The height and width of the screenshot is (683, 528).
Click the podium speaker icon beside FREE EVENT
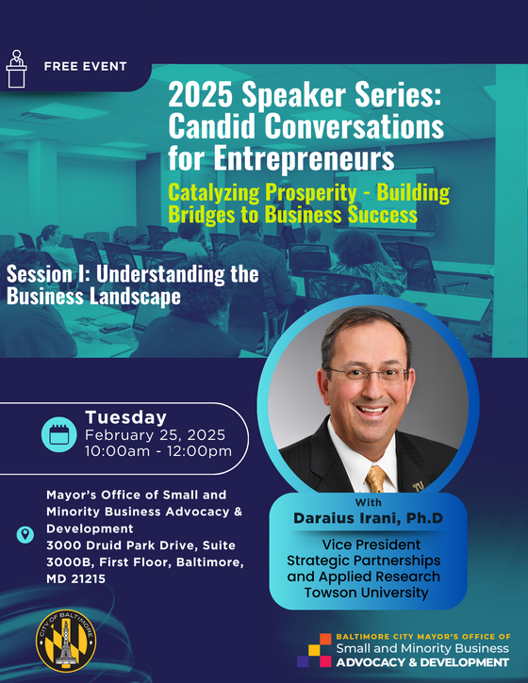coord(16,66)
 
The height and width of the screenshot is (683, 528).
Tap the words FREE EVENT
coord(85,67)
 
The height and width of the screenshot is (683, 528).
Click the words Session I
coord(53,274)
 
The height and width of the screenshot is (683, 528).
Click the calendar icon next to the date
coord(58,434)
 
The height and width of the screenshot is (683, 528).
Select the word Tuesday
coord(125,417)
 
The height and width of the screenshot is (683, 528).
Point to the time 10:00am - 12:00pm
coord(157,451)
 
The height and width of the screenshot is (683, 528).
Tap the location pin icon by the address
coord(24,535)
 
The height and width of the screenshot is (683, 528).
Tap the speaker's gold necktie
coord(375,478)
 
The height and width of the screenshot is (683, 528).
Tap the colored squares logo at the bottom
coord(315,651)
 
